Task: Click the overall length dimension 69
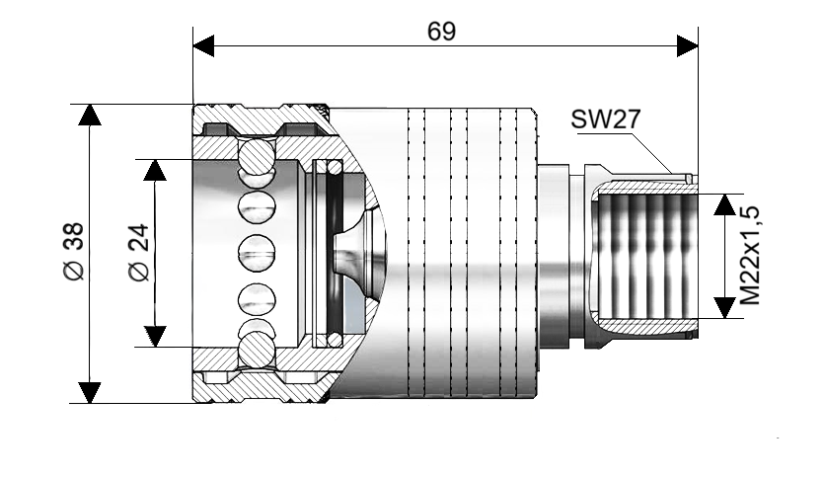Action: [x=441, y=31]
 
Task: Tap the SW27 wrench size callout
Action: [x=606, y=119]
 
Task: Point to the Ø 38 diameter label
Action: [x=74, y=251]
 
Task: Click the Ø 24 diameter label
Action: [x=139, y=253]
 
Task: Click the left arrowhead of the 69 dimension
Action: [x=203, y=45]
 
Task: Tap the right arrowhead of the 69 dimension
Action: [x=687, y=45]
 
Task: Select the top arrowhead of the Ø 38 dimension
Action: [x=90, y=115]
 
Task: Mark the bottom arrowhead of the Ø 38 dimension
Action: [x=90, y=393]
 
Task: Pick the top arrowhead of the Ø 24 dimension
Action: [x=155, y=170]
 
